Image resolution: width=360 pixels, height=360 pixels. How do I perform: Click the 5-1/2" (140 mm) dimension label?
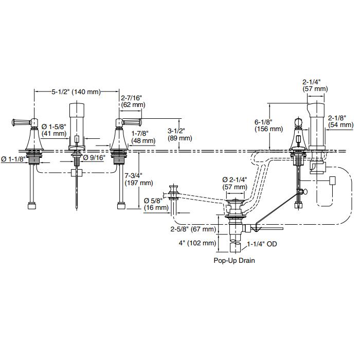[76, 92]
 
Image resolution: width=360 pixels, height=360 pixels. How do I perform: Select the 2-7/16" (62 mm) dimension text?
[132, 101]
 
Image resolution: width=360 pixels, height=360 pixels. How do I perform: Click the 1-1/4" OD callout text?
[262, 244]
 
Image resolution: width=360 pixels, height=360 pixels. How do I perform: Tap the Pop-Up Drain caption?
[235, 260]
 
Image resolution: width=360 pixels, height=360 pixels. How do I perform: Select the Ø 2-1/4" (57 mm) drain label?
[235, 184]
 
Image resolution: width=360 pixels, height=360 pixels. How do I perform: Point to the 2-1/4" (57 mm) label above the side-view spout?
[314, 85]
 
